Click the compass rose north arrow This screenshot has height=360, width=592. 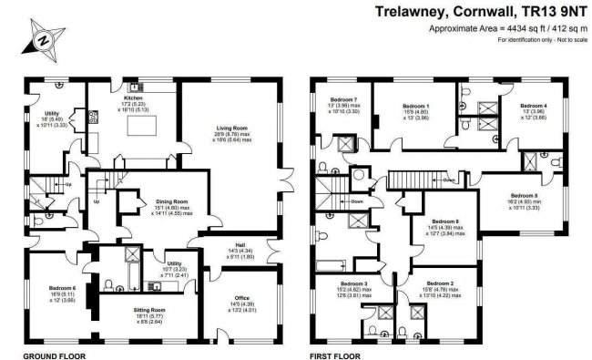(x=42, y=40)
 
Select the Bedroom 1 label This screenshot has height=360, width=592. (x=415, y=107)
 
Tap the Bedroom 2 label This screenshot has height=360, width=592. (x=439, y=283)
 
